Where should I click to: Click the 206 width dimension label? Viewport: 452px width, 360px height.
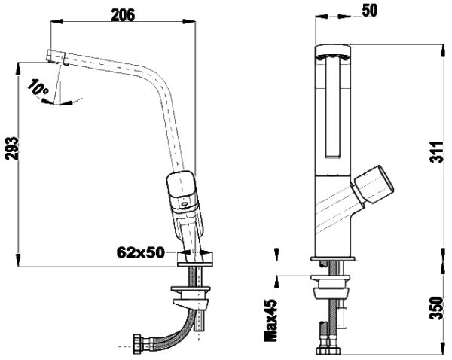click(x=123, y=15)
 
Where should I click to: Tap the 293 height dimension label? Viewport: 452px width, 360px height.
click(x=11, y=148)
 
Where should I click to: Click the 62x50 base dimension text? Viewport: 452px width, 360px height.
click(x=141, y=252)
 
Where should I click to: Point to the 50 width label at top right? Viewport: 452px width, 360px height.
click(x=370, y=11)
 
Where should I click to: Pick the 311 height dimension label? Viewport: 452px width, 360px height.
click(x=437, y=152)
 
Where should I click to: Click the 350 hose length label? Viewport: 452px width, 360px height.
click(x=437, y=308)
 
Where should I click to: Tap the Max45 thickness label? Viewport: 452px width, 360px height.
click(x=270, y=320)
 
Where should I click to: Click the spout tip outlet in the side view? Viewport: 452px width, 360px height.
click(x=55, y=56)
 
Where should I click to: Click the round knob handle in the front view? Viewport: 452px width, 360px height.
click(x=374, y=185)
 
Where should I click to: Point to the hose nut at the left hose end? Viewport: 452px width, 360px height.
click(x=136, y=343)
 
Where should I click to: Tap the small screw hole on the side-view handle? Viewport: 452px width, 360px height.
click(x=184, y=205)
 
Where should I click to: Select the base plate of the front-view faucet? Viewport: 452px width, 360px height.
click(x=333, y=259)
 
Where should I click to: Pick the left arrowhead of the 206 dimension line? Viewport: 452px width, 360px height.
click(x=56, y=21)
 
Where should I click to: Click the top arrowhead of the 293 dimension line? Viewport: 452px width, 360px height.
click(x=18, y=69)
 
